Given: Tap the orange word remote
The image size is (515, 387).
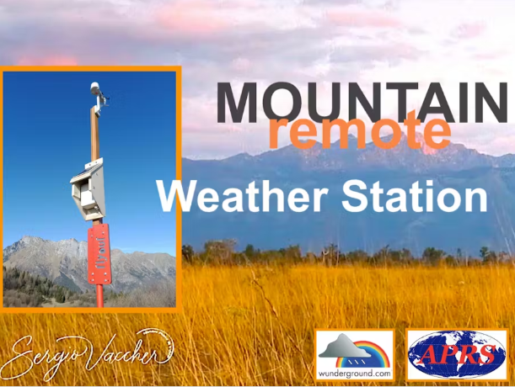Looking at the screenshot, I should (x=358, y=131).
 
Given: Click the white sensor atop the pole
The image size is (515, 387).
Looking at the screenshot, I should (x=95, y=87).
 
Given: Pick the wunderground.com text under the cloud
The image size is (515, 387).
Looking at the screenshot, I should (x=354, y=372).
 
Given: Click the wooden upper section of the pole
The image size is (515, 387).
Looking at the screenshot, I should (x=95, y=126).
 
